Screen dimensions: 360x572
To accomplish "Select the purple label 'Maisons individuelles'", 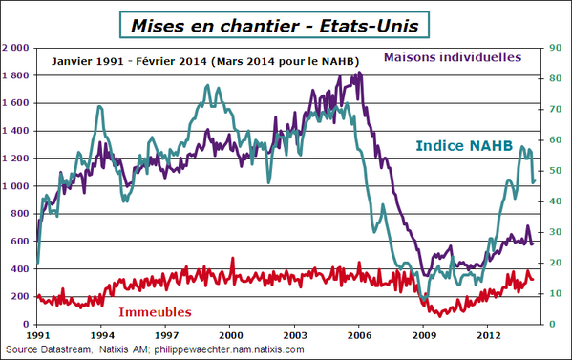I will tap(453, 57).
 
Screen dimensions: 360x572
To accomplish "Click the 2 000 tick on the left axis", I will tap(16, 47).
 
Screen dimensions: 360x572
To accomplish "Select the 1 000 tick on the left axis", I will tap(16, 186).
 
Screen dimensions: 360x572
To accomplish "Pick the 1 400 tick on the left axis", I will tap(16, 131).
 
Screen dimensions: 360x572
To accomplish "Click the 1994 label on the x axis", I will tap(102, 336).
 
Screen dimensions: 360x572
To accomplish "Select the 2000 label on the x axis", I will tap(230, 336).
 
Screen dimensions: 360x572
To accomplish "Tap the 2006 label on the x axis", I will tap(359, 336).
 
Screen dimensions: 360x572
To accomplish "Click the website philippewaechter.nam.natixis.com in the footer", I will tap(228, 350).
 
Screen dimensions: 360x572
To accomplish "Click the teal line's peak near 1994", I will tap(99, 106).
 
